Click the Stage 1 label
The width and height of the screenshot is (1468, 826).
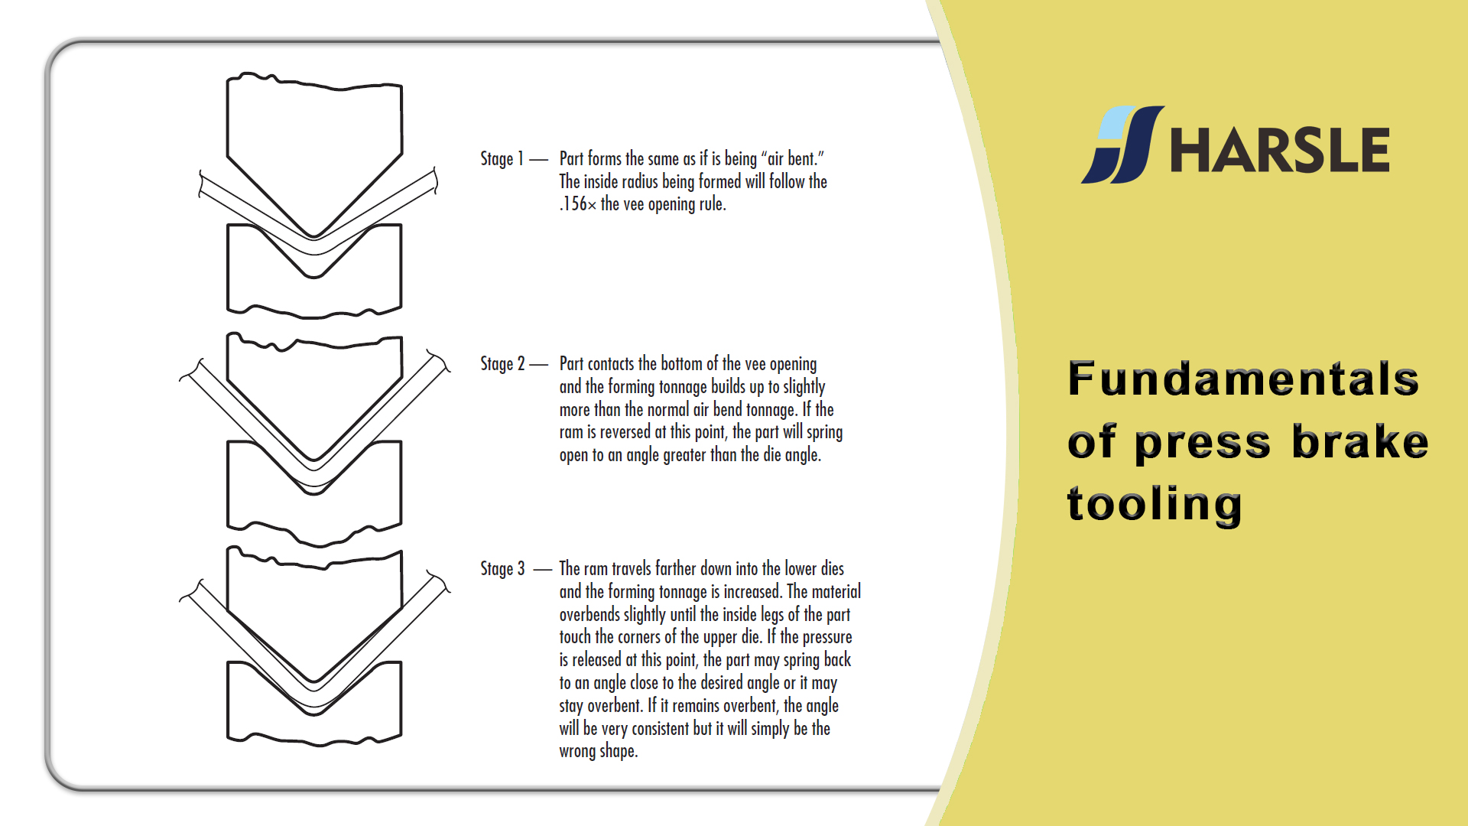(502, 158)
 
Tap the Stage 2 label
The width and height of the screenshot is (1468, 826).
(502, 363)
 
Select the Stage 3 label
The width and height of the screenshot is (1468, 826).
(502, 568)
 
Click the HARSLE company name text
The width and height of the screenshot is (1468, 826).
(1279, 150)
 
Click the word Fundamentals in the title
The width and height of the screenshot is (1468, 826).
(1243, 379)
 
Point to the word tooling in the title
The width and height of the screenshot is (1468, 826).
(1155, 506)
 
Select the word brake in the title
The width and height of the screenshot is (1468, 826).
(1359, 442)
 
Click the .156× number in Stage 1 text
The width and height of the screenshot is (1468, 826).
(577, 204)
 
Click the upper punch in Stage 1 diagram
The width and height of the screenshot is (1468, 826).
(314, 153)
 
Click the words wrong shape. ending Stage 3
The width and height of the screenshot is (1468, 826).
(599, 751)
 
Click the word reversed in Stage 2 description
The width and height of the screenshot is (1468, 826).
(625, 432)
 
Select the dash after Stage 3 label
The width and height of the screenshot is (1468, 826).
(542, 570)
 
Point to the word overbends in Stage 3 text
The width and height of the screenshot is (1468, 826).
(589, 614)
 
